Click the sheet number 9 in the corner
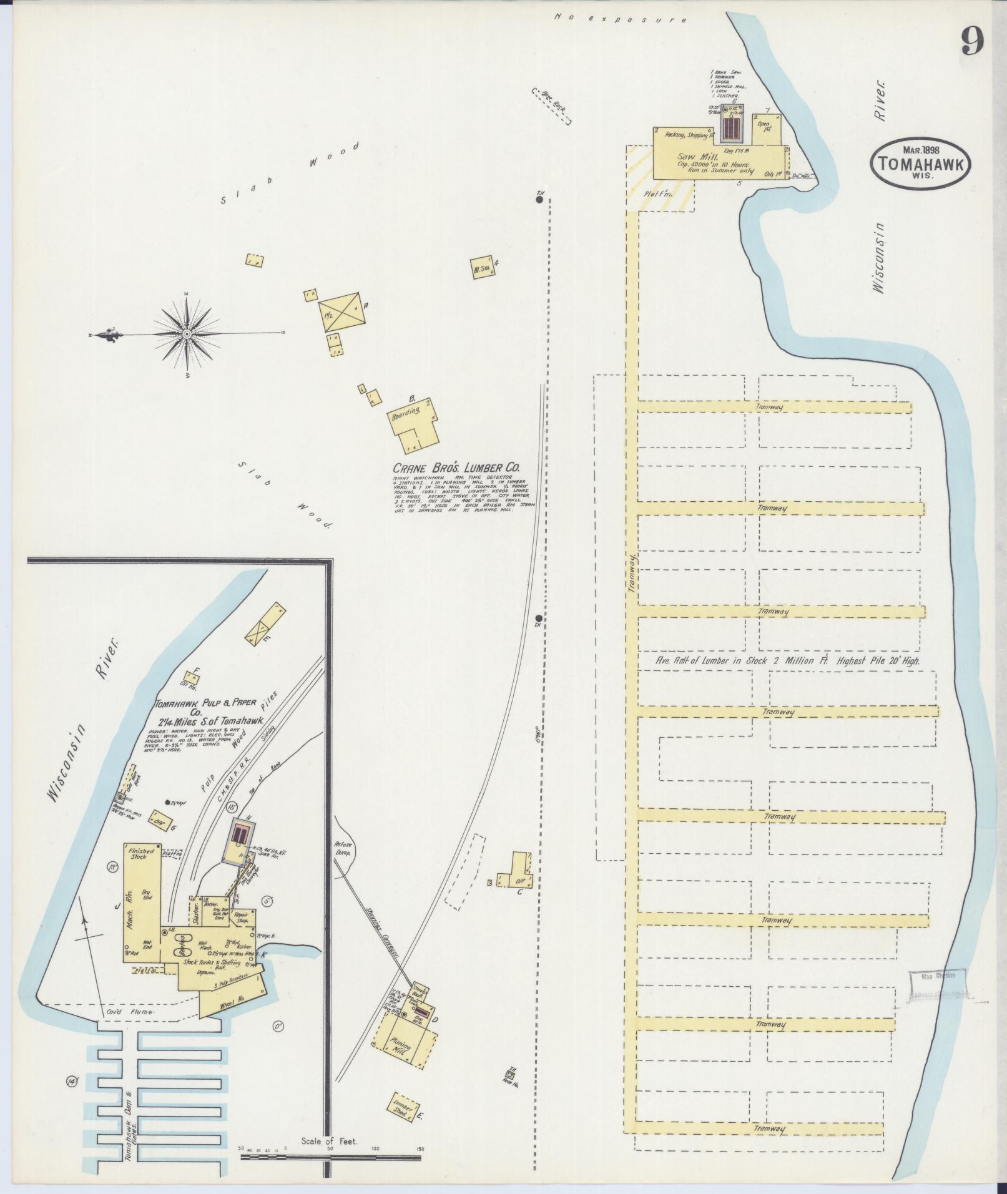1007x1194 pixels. point(972,42)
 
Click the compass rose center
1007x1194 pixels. point(187,335)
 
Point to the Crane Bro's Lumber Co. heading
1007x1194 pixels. point(456,468)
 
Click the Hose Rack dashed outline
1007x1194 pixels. point(552,107)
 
